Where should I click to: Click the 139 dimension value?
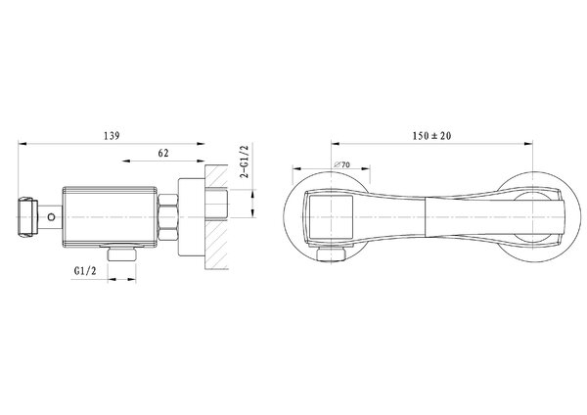112,136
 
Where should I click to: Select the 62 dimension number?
163,153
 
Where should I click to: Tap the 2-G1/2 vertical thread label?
245,161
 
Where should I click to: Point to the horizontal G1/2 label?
85,270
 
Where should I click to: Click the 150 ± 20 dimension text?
431,136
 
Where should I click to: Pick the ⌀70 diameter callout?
341,164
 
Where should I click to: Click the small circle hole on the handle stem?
51,217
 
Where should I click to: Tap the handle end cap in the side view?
27,217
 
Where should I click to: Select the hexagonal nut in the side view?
167,217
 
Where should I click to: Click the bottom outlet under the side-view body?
121,254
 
